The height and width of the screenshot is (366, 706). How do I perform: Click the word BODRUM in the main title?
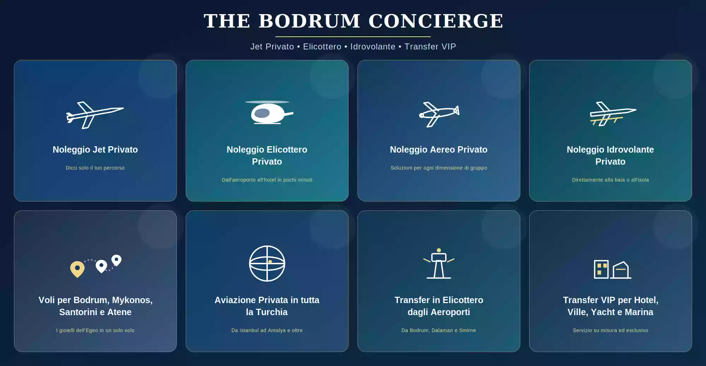(310, 21)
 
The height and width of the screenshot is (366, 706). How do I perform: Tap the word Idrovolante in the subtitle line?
(373, 47)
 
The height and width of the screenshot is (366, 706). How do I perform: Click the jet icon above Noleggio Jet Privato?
(95, 115)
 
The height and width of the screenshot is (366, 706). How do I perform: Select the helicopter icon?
(269, 112)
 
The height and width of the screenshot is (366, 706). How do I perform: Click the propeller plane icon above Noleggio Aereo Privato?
(439, 114)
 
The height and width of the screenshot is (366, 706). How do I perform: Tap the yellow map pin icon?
(77, 269)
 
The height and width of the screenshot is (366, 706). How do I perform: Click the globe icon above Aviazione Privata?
(267, 264)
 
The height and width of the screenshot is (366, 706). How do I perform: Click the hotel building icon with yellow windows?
(601, 269)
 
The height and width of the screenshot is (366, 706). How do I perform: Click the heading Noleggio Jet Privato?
(95, 149)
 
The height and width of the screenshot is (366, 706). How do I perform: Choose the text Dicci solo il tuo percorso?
(95, 168)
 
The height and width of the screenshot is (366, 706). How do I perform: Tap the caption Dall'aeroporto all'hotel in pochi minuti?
(267, 180)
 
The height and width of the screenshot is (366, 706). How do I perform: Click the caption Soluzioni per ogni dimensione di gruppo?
(439, 168)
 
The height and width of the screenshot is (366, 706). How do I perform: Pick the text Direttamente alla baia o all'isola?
(611, 180)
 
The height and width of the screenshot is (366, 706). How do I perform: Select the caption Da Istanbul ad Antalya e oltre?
(267, 330)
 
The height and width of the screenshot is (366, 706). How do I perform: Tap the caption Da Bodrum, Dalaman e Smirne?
(439, 330)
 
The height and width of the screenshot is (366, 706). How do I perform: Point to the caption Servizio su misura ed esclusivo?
(611, 330)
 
